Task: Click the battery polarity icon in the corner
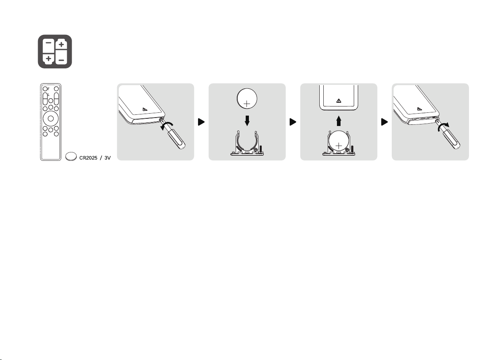[x=55, y=52]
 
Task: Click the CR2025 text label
[x=88, y=158]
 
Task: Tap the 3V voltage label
[x=108, y=158]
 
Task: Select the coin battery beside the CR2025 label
[x=71, y=156]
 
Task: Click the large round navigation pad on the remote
[x=51, y=118]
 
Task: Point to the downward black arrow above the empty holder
[x=247, y=121]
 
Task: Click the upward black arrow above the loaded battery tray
[x=339, y=121]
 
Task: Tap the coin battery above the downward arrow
[x=247, y=98]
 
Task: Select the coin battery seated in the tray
[x=339, y=141]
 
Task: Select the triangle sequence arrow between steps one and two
[x=201, y=122]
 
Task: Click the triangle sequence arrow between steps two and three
[x=293, y=122]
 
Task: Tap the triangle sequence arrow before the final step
[x=385, y=122]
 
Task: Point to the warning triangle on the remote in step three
[x=339, y=101]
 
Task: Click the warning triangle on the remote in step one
[x=145, y=109]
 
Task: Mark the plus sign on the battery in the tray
[x=339, y=146]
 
